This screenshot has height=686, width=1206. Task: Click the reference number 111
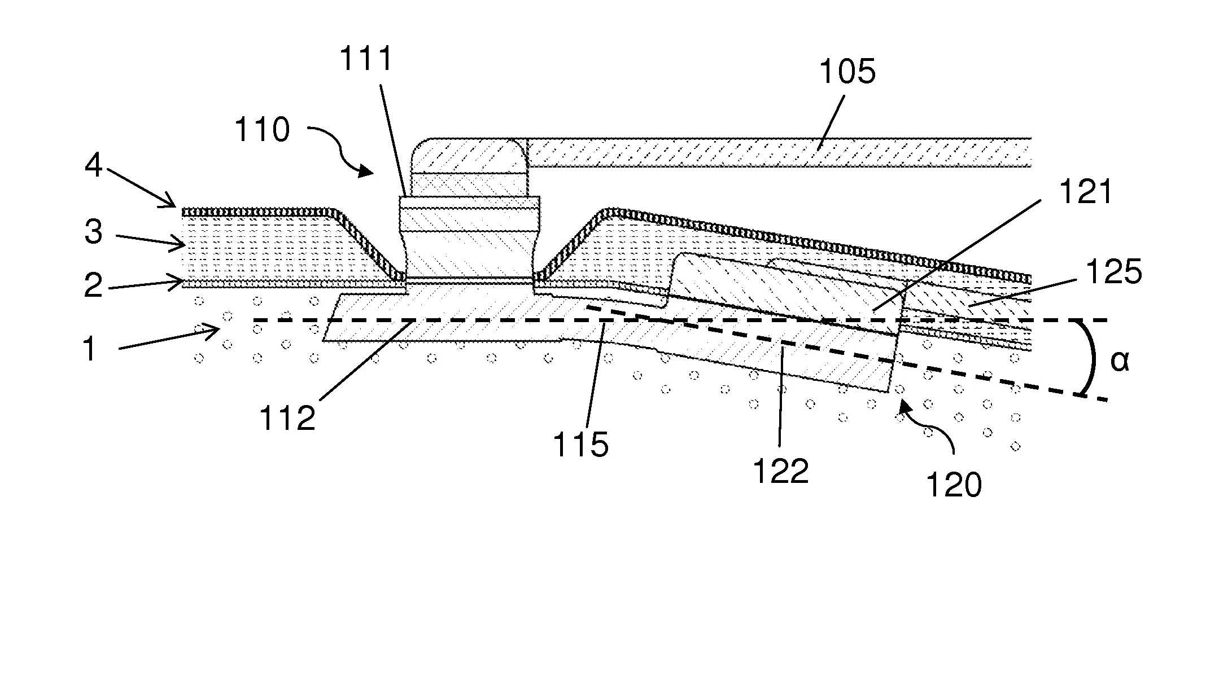pyautogui.click(x=366, y=59)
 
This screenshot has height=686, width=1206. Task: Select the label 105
pyautogui.click(x=847, y=72)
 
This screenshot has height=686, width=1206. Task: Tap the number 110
pyautogui.click(x=262, y=130)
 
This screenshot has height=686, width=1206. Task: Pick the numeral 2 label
pyautogui.click(x=94, y=285)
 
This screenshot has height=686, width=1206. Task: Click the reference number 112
pyautogui.click(x=287, y=418)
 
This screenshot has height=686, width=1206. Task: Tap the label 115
pyautogui.click(x=581, y=445)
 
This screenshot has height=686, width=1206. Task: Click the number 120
pyautogui.click(x=954, y=484)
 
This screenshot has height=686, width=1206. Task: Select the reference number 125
pyautogui.click(x=1114, y=272)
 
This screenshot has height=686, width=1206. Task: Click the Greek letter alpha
pyautogui.click(x=1120, y=362)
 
